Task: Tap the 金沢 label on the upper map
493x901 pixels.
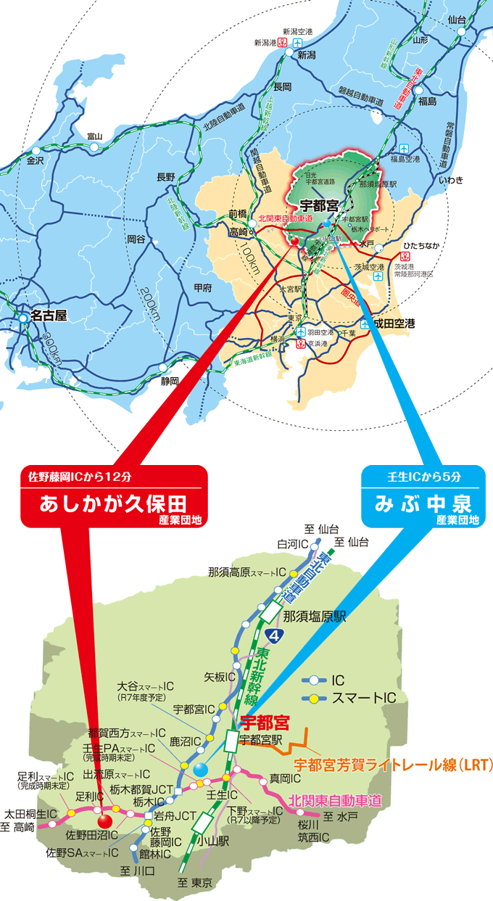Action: point(36,160)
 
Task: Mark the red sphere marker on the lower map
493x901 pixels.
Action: point(105,820)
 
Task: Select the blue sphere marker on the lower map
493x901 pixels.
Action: point(200,768)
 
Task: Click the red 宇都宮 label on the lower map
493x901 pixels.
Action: point(264,723)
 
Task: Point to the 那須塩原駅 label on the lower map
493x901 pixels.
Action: point(315,617)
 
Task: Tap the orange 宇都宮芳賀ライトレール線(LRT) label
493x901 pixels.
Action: point(393,765)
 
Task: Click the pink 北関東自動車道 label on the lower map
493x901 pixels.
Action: point(334,801)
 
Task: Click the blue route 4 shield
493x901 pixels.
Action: point(273,635)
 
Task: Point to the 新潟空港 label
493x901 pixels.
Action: point(297,32)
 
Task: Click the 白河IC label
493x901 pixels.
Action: point(293,543)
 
